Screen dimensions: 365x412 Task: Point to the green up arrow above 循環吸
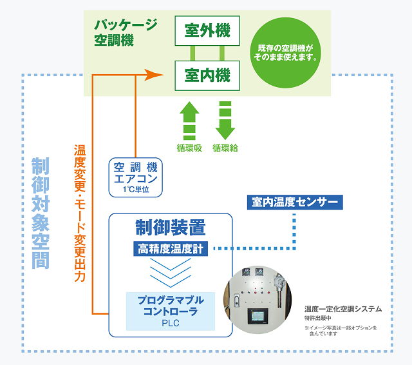tap(189, 119)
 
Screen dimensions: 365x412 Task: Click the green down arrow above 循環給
tap(225, 119)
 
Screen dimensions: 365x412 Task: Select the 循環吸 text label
tap(189, 148)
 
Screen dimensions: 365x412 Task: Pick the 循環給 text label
tap(225, 148)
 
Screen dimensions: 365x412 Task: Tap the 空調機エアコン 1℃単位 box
tap(136, 176)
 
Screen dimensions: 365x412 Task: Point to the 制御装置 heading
tap(170, 227)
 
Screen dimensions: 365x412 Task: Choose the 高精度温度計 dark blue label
tap(170, 249)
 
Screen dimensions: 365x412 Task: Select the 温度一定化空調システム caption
tap(343, 309)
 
